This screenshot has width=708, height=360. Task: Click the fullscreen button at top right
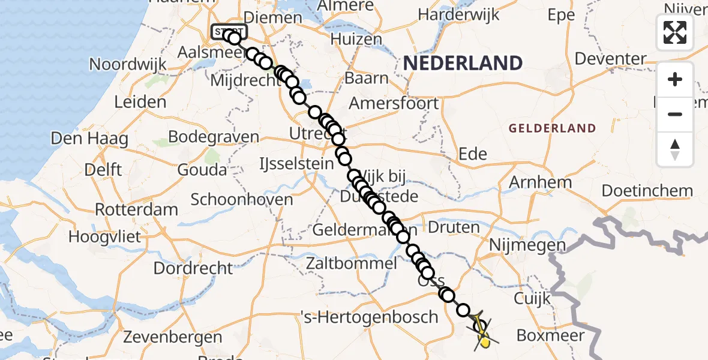tap(675, 32)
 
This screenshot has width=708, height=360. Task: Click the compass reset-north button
tap(675, 149)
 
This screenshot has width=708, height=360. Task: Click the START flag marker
tap(228, 31)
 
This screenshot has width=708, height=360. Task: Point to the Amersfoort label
tap(394, 103)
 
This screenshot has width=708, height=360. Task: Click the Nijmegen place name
tap(527, 245)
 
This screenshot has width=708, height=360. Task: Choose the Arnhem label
tap(540, 182)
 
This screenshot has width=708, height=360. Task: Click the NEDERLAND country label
tap(462, 62)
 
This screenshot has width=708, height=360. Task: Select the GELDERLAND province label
tap(552, 128)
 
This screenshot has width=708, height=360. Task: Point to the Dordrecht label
tap(193, 268)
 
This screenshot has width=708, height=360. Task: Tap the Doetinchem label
tap(647, 191)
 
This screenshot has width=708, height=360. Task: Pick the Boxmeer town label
tap(550, 335)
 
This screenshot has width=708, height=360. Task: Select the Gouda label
tap(202, 170)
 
